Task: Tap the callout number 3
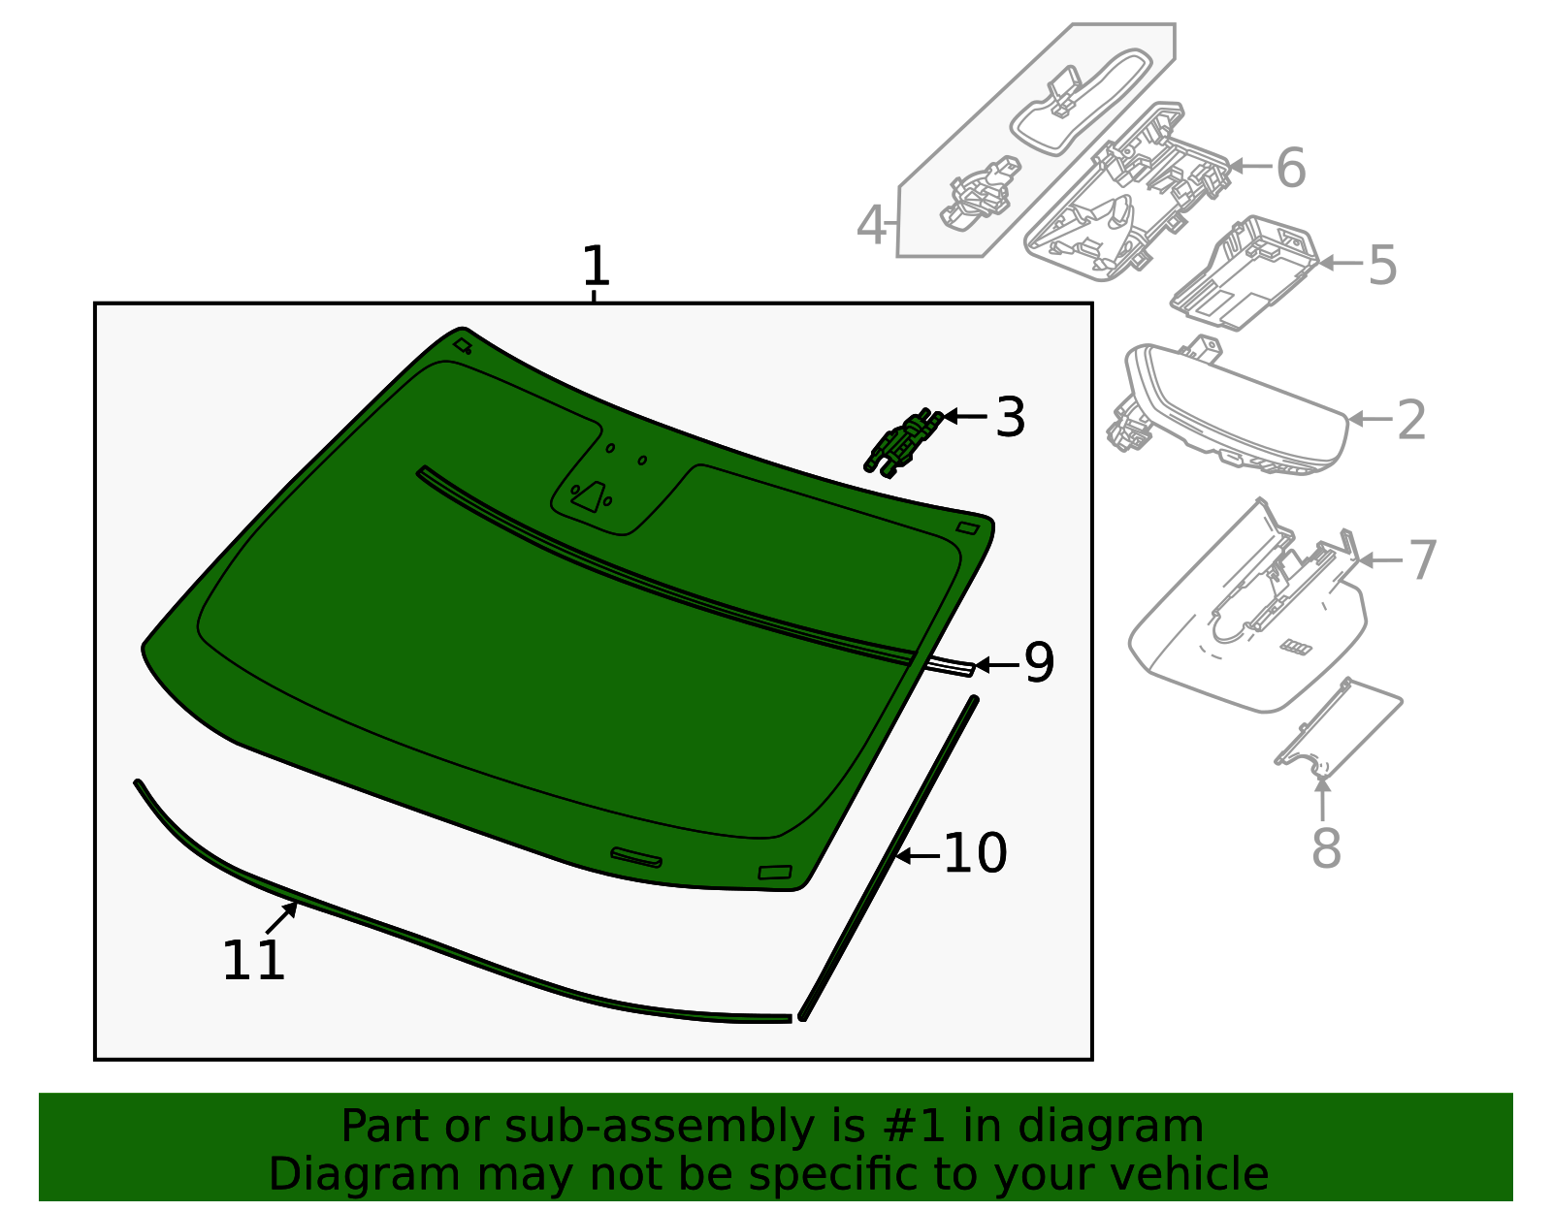(x=1010, y=418)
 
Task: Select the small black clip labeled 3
(x=903, y=443)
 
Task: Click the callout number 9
(x=1039, y=664)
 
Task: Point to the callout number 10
(x=975, y=854)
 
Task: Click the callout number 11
(x=253, y=961)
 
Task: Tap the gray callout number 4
(x=871, y=226)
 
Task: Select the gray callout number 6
(x=1290, y=168)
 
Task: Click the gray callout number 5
(x=1381, y=265)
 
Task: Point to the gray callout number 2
(x=1411, y=420)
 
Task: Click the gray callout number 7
(x=1422, y=560)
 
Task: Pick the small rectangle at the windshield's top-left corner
(x=463, y=345)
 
